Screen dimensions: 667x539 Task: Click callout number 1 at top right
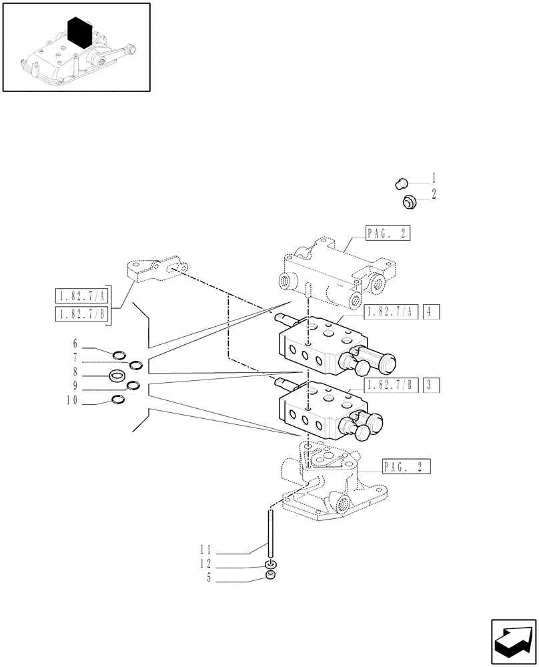pos(434,178)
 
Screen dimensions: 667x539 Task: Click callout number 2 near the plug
pos(434,195)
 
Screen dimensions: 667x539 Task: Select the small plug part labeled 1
pos(400,182)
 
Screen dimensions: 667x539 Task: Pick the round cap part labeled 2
pos(409,201)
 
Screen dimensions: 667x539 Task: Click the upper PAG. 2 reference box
pos(388,233)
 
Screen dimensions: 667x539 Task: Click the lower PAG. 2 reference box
pos(406,466)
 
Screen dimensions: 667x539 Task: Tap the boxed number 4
pos(431,311)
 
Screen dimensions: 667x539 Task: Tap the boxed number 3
pos(431,386)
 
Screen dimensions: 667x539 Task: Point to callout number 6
pos(75,344)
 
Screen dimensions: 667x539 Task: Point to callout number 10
pos(71,401)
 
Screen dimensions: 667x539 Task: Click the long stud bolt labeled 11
pos(270,534)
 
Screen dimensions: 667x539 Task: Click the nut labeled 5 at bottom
pos(270,576)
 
